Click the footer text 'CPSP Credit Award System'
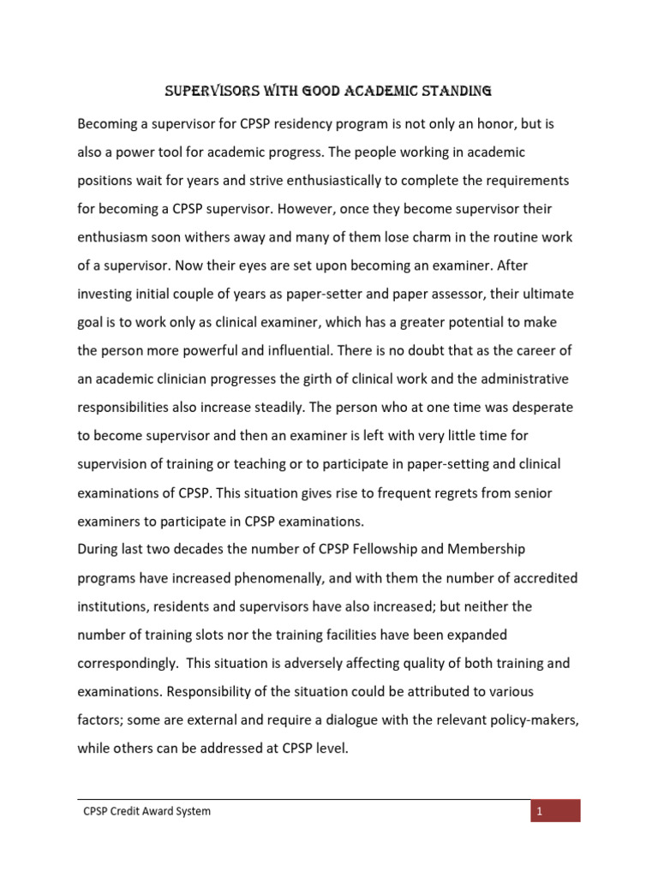tap(143, 811)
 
